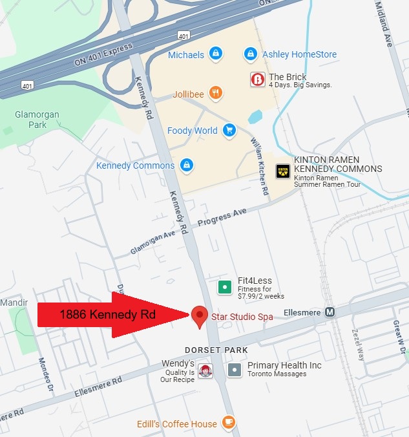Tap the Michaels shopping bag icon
pos(216,54)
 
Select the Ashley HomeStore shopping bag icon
pos(250,54)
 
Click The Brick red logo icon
pos(257,80)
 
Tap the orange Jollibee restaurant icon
pos(216,93)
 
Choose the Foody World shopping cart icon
pos(229,130)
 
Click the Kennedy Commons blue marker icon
pos(186,165)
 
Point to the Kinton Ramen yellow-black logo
pos(282,171)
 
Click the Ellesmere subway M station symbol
pos(330,312)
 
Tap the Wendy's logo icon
pos(205,371)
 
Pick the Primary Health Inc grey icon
pos(235,370)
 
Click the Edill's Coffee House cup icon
pos(228,423)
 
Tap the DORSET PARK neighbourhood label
pos(216,350)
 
